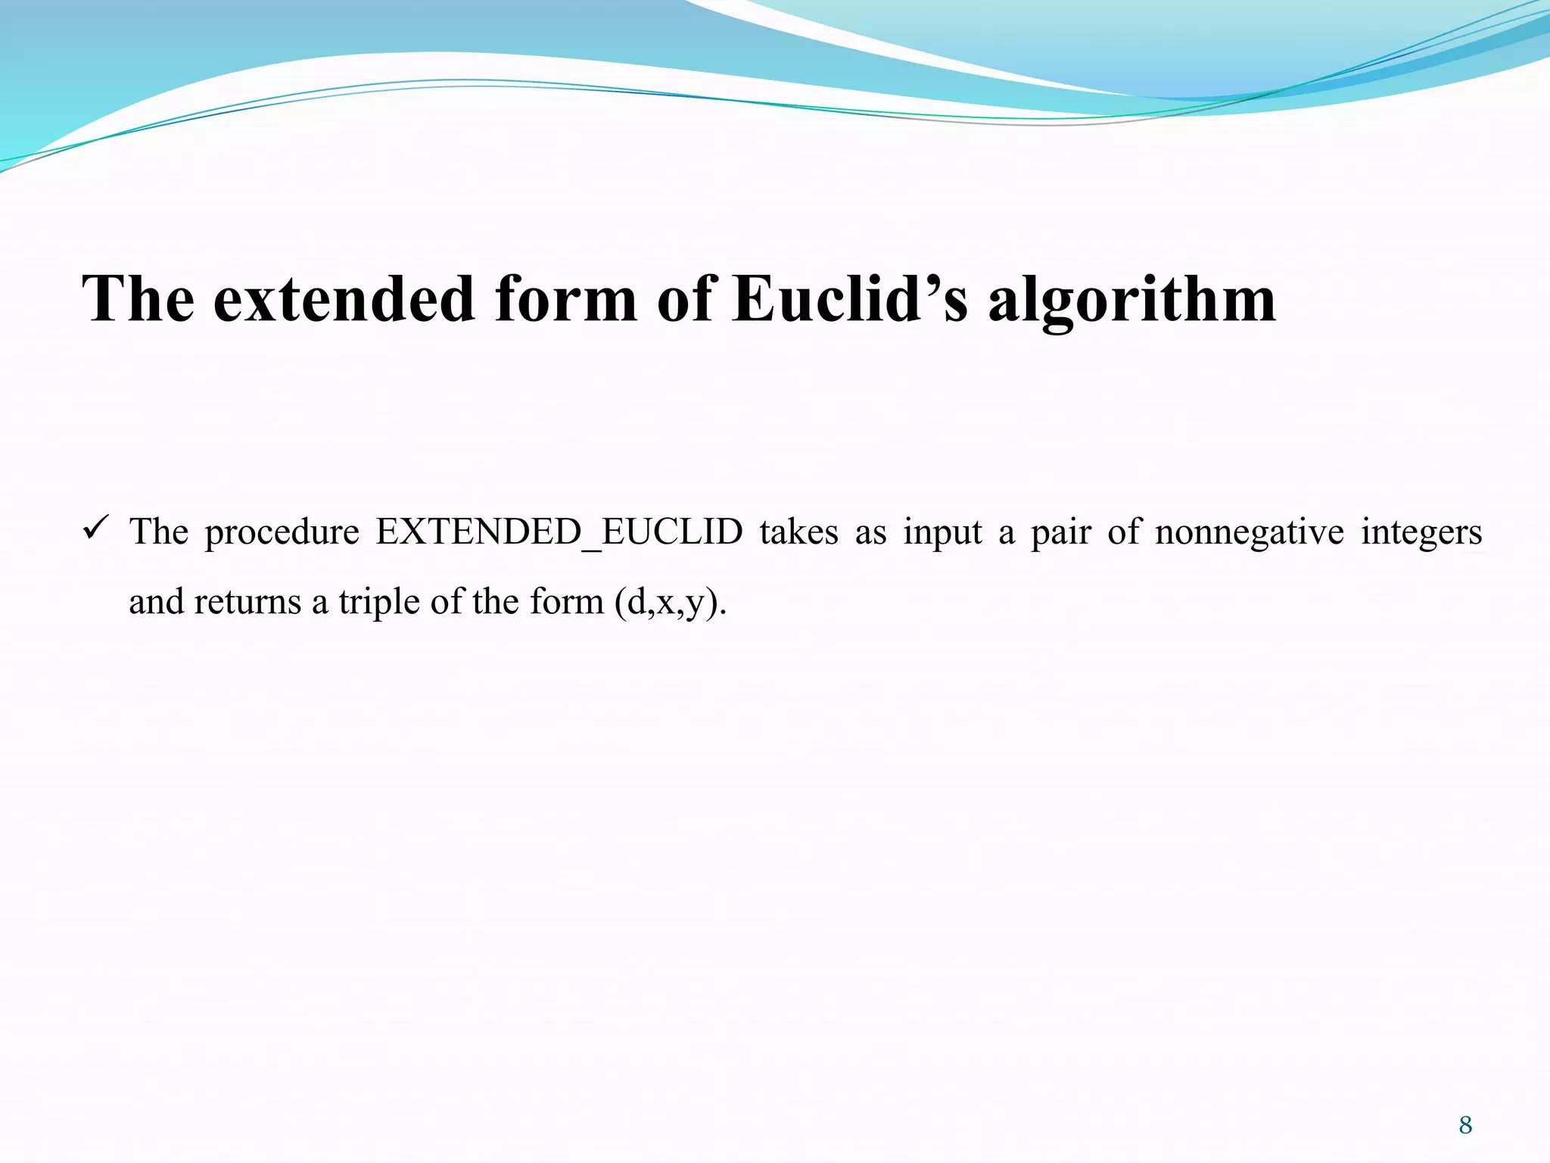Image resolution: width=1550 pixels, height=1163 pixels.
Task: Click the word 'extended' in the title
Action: tap(344, 298)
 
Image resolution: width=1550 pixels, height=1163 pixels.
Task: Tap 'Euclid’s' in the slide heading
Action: tap(850, 298)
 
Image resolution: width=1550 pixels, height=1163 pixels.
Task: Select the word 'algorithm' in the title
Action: tap(1131, 300)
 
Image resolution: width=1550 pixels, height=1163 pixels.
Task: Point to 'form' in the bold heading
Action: tap(565, 298)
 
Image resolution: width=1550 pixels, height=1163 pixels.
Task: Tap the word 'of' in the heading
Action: tap(685, 298)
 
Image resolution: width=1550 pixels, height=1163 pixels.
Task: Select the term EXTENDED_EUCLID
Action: tap(559, 532)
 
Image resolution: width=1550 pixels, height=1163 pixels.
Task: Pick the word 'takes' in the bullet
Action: tap(799, 532)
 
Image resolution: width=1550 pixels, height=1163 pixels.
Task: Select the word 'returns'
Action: tap(247, 603)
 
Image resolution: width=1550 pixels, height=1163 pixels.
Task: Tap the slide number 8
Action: tap(1465, 1125)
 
